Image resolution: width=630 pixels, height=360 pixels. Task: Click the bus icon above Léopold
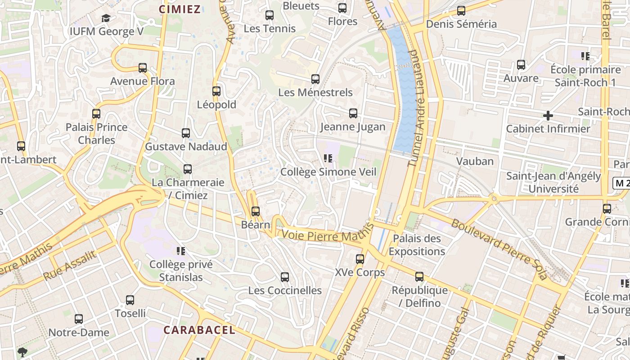(216, 91)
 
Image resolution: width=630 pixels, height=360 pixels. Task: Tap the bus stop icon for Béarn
(256, 211)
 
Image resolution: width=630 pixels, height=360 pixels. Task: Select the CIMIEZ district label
(180, 9)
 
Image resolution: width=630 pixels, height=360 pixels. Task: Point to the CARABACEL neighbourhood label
(199, 330)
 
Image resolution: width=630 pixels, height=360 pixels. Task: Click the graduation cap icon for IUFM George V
(106, 18)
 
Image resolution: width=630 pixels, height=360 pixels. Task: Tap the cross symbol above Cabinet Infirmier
(548, 116)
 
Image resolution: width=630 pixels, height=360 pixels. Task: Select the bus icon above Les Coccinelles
(285, 277)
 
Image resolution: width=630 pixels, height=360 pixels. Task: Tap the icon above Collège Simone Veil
(328, 158)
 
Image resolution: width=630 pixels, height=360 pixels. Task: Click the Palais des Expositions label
(417, 245)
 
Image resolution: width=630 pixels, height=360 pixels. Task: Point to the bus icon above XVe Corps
(360, 259)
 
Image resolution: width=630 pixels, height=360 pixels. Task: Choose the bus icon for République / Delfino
(419, 277)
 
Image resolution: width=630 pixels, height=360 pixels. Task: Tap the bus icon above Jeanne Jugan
(353, 113)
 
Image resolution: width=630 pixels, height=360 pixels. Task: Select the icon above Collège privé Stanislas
(181, 251)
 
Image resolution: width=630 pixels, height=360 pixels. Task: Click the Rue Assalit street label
(70, 265)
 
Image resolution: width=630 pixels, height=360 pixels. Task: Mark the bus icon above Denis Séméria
(461, 11)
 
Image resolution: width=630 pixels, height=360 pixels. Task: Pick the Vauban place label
(475, 161)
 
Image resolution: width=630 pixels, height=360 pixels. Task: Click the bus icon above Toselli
(130, 300)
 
